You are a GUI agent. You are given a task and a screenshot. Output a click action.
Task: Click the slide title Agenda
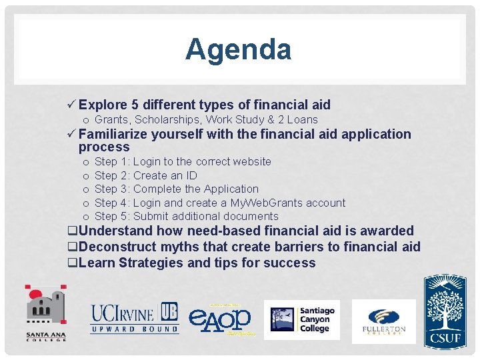click(238, 50)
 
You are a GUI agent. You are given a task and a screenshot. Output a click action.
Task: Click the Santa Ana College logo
click(46, 313)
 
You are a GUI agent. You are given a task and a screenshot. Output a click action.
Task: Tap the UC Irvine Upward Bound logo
click(135, 319)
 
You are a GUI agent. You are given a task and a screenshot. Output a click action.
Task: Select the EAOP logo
click(220, 319)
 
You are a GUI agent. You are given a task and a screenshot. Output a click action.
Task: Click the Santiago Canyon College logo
click(302, 319)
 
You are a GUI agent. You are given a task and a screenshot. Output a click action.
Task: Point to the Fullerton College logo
click(383, 321)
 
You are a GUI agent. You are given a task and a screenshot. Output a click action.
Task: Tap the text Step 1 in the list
click(111, 162)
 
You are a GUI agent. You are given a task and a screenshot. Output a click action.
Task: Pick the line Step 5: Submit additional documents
click(186, 216)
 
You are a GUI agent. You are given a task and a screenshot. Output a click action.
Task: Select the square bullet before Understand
click(72, 231)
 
